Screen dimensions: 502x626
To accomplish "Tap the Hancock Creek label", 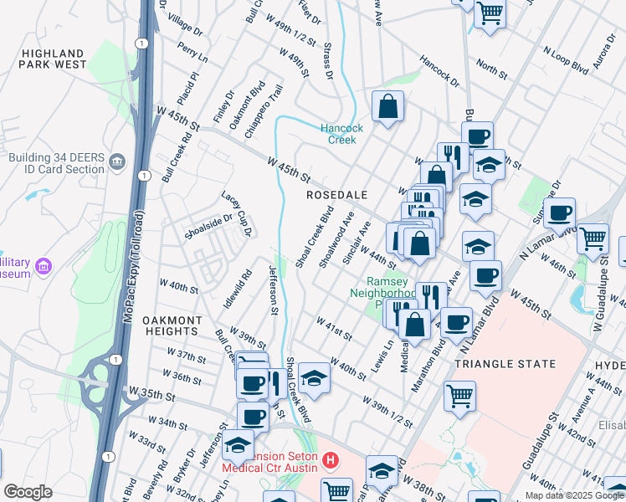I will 342,134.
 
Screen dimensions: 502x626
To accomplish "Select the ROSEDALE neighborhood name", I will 336,194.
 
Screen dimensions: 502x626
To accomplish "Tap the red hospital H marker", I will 332,459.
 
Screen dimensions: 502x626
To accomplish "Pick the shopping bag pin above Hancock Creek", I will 387,106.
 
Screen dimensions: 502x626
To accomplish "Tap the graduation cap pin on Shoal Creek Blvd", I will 314,378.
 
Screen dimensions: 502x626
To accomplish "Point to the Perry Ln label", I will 192,53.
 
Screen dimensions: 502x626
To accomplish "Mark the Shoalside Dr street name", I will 208,225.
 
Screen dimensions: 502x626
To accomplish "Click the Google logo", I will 28,492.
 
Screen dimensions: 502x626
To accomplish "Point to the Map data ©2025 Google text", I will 574,494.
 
